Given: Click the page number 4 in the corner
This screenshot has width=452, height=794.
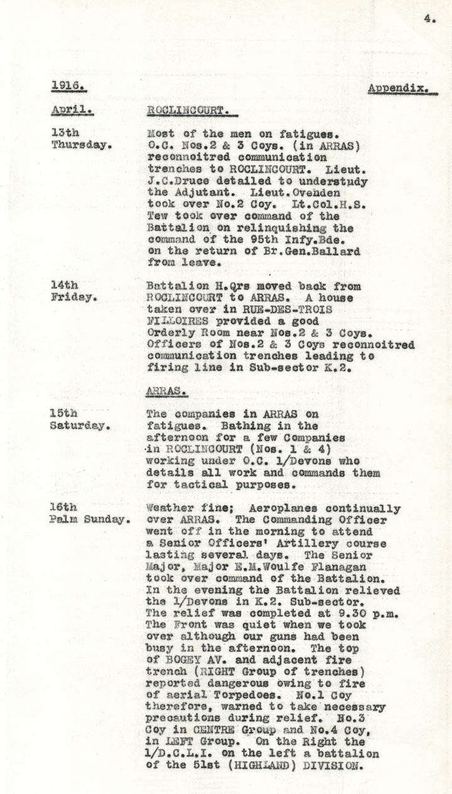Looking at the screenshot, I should [429, 19].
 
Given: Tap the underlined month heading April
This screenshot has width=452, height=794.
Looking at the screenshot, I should [72, 110].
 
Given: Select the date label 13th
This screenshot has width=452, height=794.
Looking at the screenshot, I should [65, 133].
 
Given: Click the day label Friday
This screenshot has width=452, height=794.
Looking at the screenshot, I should [73, 297].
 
